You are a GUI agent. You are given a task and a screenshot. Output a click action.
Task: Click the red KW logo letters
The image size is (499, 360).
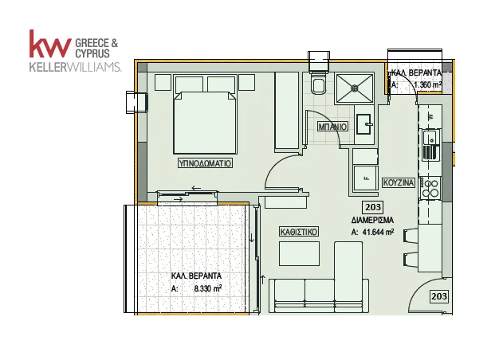50,44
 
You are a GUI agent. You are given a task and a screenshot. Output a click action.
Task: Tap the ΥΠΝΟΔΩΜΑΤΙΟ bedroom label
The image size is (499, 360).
205,163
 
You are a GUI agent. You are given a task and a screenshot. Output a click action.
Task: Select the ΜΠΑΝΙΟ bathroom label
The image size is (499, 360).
332,127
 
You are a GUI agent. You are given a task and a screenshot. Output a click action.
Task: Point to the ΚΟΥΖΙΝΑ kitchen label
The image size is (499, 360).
399,183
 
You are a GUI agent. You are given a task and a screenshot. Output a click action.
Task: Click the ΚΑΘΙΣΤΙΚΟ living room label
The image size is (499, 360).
298,232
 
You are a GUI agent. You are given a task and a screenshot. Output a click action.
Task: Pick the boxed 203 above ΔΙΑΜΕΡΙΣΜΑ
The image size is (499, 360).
373,207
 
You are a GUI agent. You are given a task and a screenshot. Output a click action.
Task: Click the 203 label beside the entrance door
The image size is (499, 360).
439,296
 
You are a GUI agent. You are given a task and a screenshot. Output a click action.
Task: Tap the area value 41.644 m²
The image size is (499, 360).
378,232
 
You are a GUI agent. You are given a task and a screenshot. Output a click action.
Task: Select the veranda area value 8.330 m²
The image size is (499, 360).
208,289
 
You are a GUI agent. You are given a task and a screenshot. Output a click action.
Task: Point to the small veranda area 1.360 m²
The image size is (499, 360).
427,84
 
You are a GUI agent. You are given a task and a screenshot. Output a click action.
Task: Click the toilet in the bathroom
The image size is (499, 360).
319,84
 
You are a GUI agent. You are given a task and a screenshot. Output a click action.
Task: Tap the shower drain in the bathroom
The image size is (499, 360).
354,88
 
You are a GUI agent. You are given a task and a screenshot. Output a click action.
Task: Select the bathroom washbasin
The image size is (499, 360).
363,124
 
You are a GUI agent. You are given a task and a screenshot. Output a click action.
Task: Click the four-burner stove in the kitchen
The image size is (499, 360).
431,188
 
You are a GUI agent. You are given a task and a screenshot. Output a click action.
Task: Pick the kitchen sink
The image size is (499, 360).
431,145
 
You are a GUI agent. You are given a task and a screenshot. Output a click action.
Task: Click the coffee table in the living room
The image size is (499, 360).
299,253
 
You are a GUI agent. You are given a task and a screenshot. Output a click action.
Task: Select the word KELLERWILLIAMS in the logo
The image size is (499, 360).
75,67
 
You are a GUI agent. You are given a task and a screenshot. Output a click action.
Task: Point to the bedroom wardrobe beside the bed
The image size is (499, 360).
287,111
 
